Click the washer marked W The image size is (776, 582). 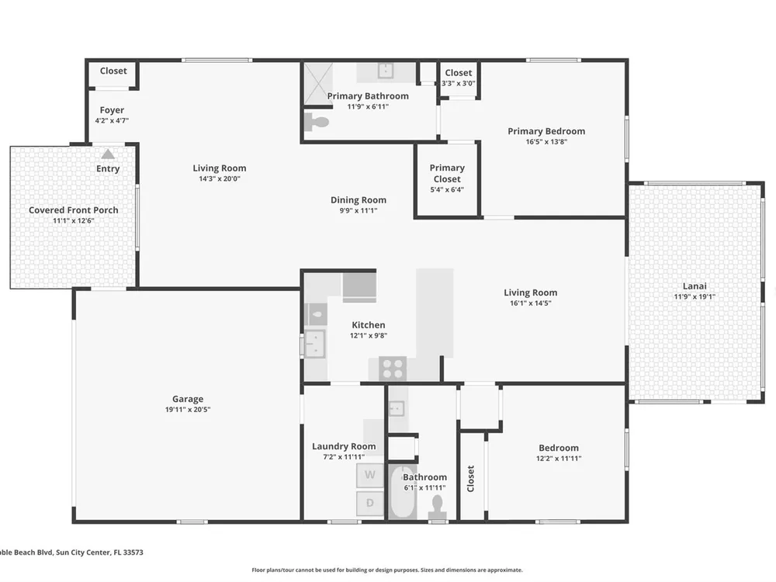tap(369, 475)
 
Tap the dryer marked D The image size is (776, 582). tap(369, 504)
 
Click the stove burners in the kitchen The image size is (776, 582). tap(393, 369)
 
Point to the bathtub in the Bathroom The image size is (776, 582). tap(402, 492)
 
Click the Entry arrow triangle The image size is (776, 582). tap(108, 154)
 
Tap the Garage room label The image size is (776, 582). tap(188, 399)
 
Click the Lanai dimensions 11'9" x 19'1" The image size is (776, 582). tap(695, 297)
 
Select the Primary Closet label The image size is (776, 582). tap(447, 173)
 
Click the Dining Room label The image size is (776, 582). tap(359, 200)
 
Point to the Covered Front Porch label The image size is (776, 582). tap(73, 210)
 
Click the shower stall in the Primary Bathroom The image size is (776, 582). tap(317, 84)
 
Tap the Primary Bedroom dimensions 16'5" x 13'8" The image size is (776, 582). tap(546, 141)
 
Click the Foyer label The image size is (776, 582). tap(112, 110)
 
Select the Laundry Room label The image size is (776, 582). tap(344, 446)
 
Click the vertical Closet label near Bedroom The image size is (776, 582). tap(471, 479)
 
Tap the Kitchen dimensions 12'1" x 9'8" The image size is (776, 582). tap(368, 335)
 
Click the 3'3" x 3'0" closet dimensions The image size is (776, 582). tap(459, 83)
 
